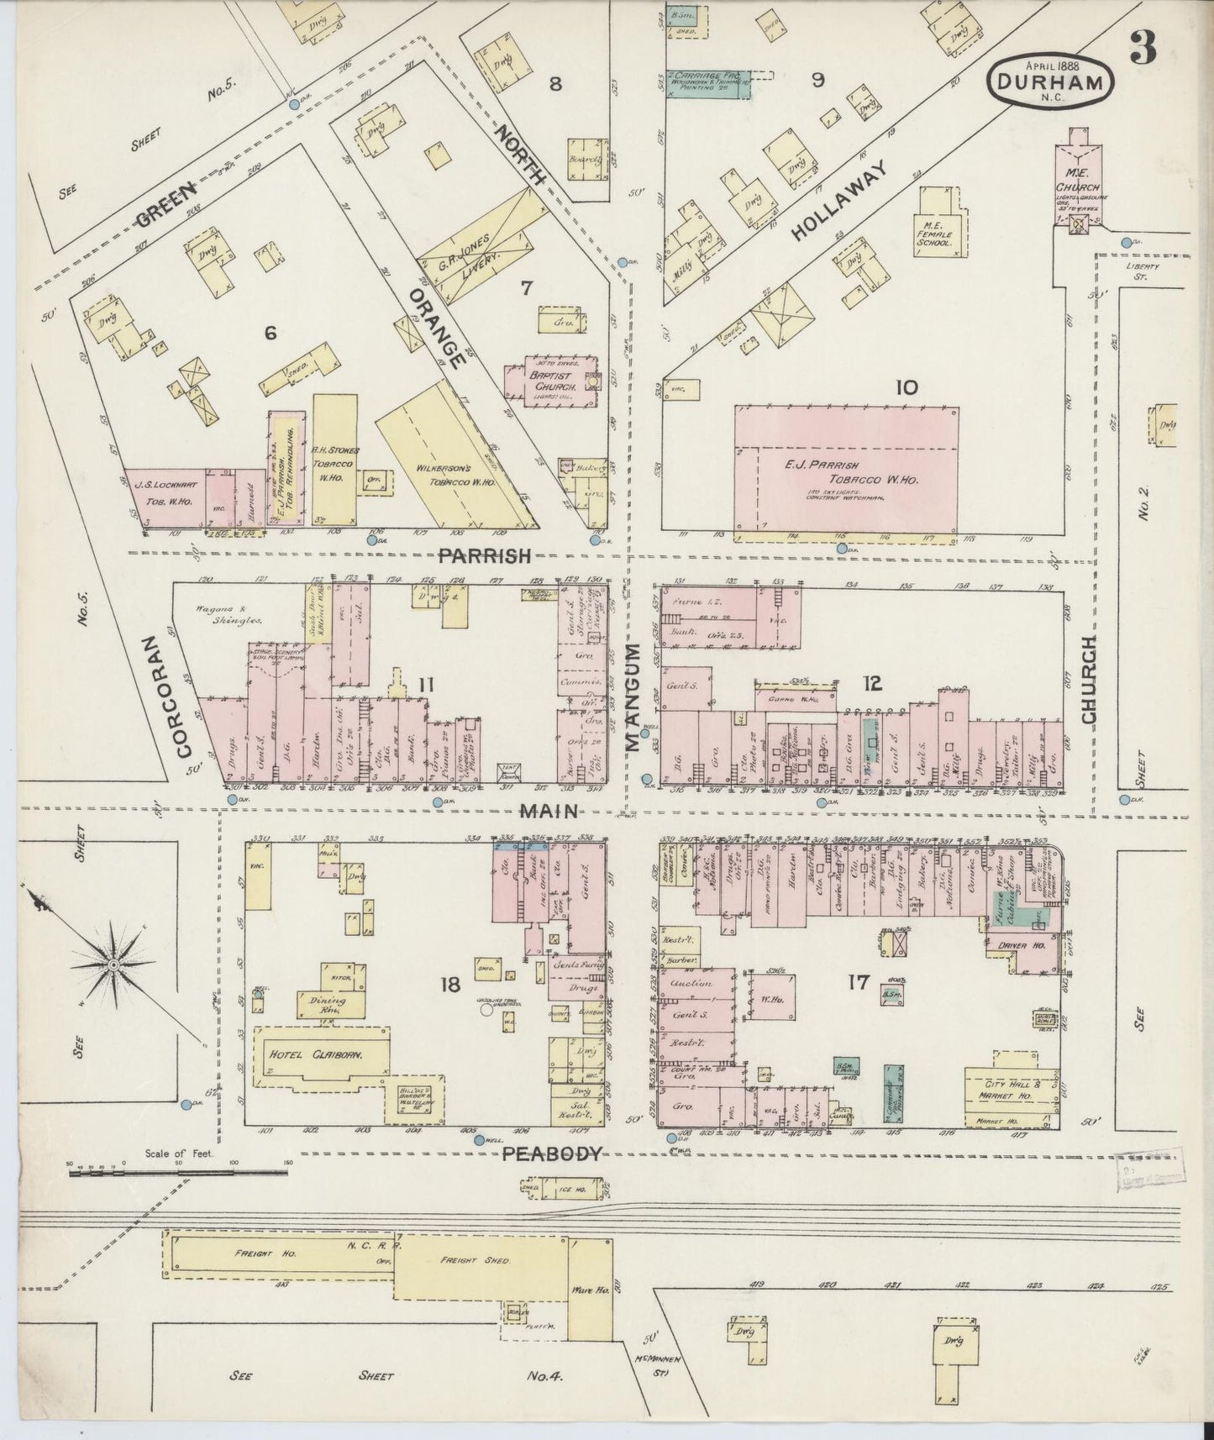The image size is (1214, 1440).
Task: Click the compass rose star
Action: pos(113,965)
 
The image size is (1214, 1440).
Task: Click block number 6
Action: pos(270,333)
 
